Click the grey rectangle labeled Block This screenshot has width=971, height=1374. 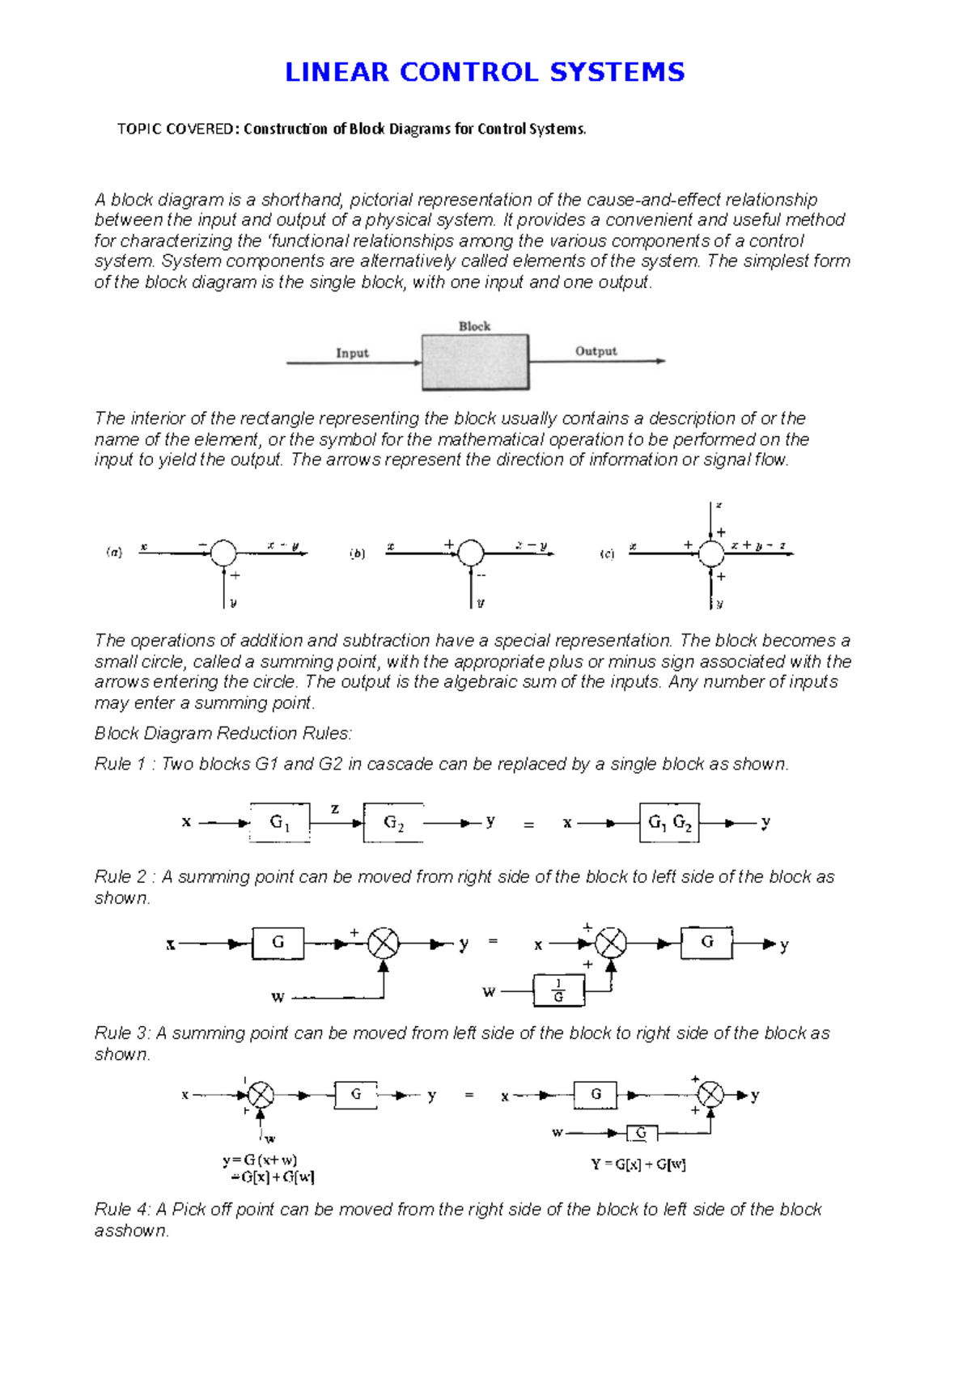(475, 363)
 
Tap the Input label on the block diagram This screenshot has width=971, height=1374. (352, 353)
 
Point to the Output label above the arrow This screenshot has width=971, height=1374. (596, 351)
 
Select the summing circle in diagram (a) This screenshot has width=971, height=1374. (223, 553)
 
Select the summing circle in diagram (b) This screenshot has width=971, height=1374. (471, 553)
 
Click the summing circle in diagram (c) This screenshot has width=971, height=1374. (711, 553)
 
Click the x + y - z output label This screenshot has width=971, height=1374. (757, 545)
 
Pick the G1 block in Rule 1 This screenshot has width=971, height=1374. (279, 823)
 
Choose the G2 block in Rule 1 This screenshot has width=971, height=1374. (393, 823)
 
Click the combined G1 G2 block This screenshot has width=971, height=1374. (669, 823)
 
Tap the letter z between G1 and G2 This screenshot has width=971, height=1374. (335, 808)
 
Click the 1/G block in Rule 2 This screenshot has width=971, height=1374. (558, 990)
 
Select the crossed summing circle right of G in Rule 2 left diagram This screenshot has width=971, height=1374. (384, 944)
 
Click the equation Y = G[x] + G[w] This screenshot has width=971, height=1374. (638, 1164)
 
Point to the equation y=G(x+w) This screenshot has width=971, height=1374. (260, 1160)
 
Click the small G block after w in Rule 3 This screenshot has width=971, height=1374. (641, 1133)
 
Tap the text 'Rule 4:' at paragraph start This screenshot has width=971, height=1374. (122, 1209)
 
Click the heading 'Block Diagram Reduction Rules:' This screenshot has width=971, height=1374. (223, 733)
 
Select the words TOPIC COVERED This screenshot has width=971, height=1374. (175, 129)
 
